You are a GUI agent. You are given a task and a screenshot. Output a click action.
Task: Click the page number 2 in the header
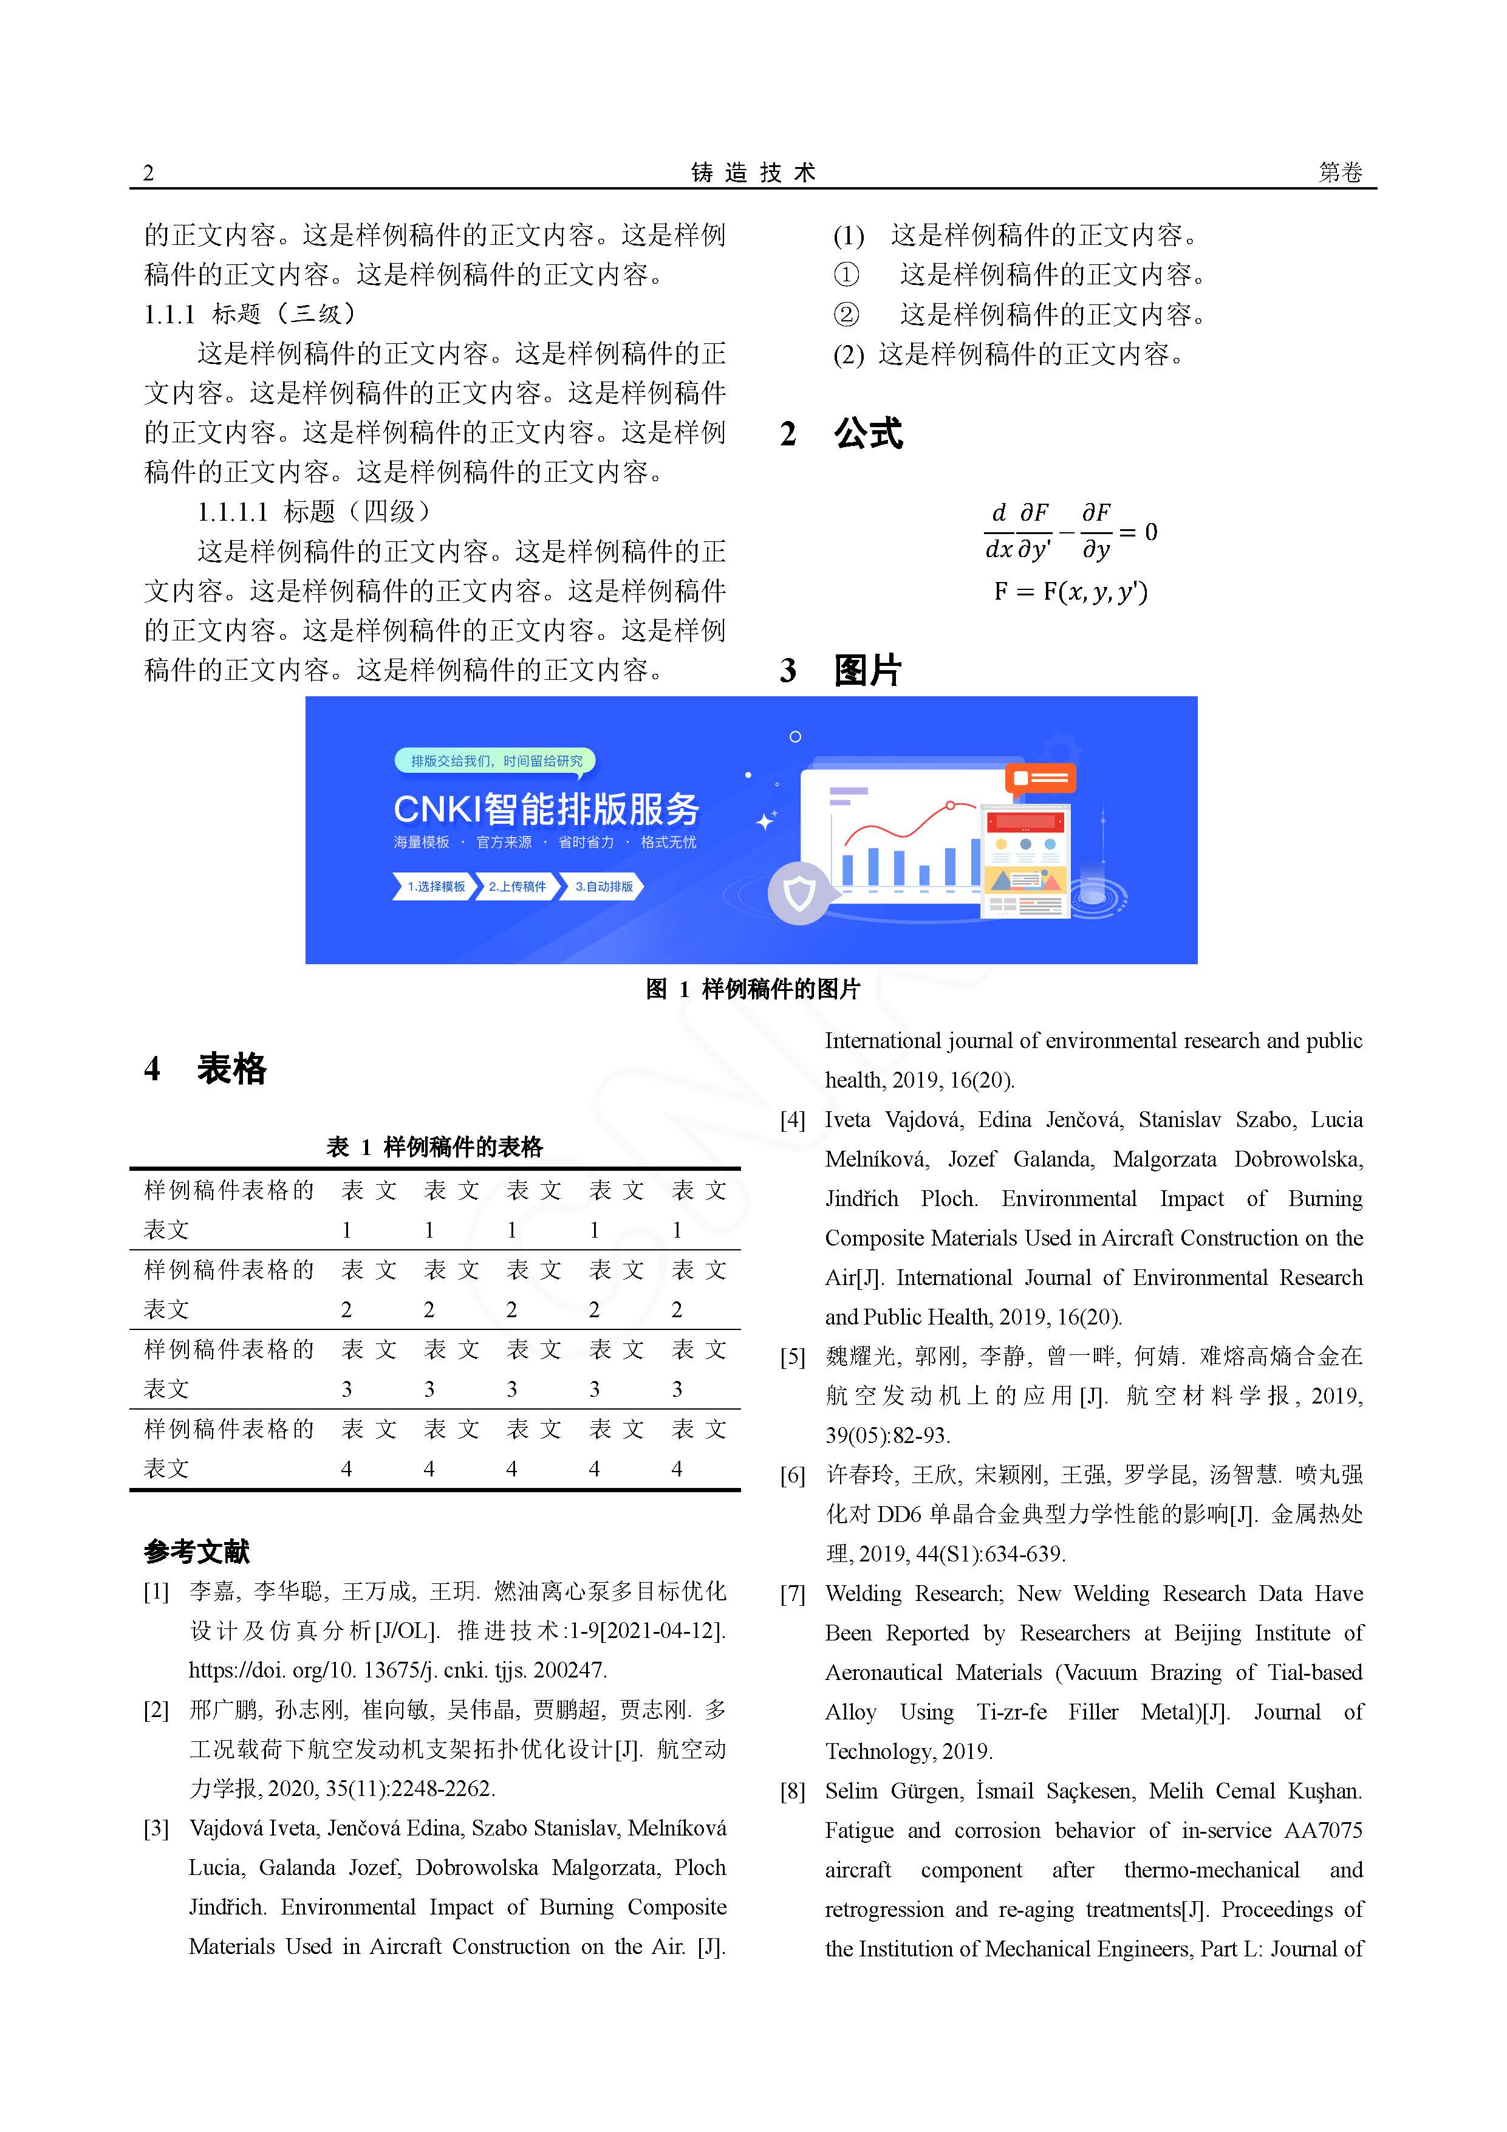tap(149, 173)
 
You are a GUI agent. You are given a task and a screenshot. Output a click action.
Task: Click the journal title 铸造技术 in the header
tap(753, 173)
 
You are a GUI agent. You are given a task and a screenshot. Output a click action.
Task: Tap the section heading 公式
tap(868, 434)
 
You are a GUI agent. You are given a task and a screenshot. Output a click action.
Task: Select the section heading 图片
tap(867, 670)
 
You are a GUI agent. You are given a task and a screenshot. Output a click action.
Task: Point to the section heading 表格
tap(231, 1069)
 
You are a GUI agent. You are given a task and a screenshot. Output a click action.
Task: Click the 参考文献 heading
tap(197, 1552)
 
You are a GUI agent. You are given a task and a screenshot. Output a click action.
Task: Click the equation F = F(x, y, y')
tap(1071, 592)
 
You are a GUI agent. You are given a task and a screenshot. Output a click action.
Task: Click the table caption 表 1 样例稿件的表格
tap(434, 1148)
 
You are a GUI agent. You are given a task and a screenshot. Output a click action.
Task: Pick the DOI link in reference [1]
tap(397, 1670)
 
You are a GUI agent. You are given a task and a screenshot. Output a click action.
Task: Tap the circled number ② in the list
tap(846, 315)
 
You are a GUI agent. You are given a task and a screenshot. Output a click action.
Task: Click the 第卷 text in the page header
tap(1340, 173)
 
